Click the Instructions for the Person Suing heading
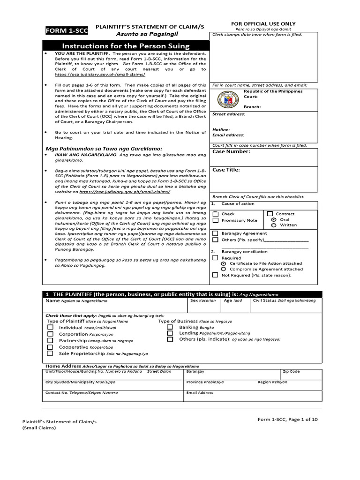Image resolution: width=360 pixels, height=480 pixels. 126,46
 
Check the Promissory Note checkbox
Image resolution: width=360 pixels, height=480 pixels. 215,220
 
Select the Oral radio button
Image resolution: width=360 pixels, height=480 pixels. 274,219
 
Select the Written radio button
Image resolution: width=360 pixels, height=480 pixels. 274,225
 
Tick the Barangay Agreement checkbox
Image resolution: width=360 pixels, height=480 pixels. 215,233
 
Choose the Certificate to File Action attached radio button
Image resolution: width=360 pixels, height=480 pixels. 224,263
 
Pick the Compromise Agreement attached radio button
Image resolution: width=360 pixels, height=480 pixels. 224,269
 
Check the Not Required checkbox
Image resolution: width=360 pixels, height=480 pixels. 215,275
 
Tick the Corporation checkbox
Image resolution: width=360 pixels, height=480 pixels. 50,334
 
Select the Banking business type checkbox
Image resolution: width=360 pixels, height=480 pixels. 170,327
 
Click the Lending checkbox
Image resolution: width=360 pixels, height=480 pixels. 170,333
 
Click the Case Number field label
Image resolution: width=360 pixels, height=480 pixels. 231,151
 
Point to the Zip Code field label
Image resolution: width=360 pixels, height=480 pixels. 291,371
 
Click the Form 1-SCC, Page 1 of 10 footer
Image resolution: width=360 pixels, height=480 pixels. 288,420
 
